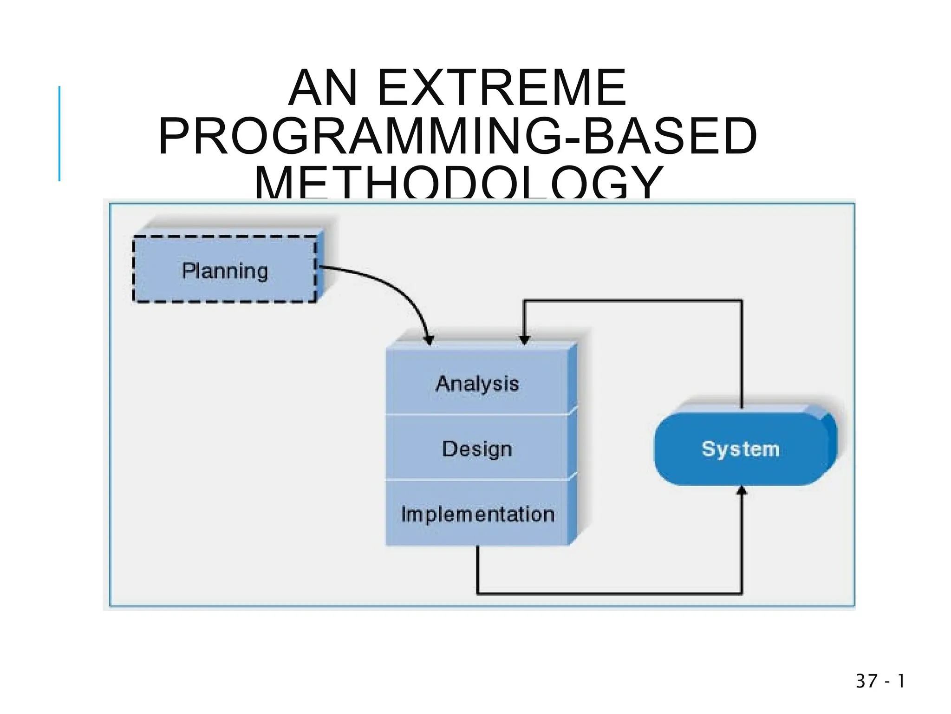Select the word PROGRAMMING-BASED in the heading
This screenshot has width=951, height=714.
click(x=458, y=136)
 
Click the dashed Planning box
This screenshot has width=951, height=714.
click(x=225, y=270)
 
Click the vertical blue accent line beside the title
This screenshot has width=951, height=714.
click(x=59, y=133)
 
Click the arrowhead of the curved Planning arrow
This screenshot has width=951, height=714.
click(x=429, y=340)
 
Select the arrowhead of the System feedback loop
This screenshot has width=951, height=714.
click(x=524, y=340)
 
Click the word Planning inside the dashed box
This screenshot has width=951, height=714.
click(x=225, y=271)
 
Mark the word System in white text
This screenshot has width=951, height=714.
click(x=741, y=449)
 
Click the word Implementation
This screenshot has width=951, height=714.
click(x=478, y=514)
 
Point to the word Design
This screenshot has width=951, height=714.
click(x=477, y=449)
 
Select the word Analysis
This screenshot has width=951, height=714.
click(x=477, y=384)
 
